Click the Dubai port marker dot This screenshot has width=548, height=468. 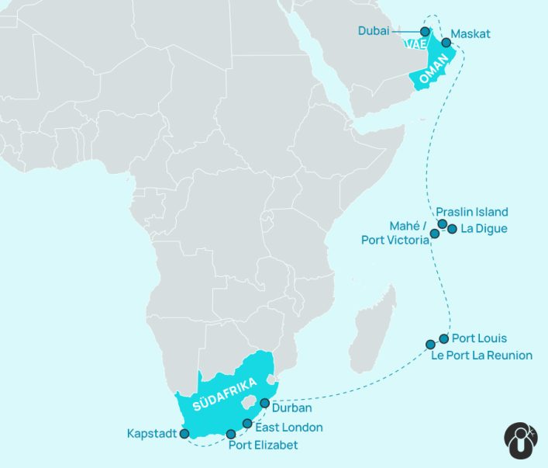(x=425, y=32)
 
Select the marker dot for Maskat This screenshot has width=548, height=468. (x=446, y=43)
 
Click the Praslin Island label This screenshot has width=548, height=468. (x=471, y=212)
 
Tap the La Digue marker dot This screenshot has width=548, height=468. (x=452, y=229)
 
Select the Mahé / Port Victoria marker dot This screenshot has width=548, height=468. (x=435, y=234)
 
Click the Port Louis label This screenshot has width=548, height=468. (x=479, y=338)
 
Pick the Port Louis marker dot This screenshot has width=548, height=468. (x=443, y=338)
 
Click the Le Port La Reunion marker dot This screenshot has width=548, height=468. (x=430, y=345)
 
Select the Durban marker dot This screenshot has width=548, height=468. (x=265, y=404)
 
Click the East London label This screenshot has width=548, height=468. (x=288, y=428)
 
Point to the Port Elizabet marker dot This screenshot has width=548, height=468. (x=231, y=434)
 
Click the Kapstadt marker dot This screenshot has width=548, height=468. (x=184, y=434)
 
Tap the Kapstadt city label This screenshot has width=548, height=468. (x=152, y=433)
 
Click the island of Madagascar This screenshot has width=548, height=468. (x=375, y=326)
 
